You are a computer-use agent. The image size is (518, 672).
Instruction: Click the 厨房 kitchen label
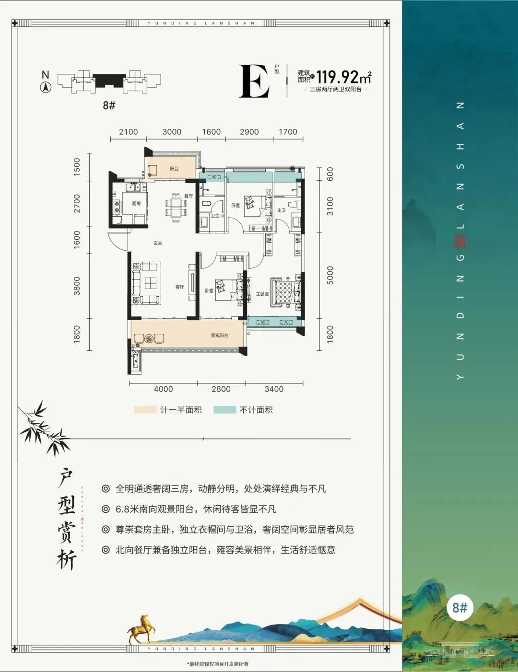tap(136, 203)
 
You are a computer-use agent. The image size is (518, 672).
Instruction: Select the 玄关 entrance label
tap(158, 243)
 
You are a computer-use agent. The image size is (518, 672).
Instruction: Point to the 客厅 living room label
tap(180, 287)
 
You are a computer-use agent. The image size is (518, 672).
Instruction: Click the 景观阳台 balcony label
tap(219, 336)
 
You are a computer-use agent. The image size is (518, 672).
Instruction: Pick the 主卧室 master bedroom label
tap(262, 293)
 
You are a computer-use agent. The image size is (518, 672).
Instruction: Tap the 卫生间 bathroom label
tap(217, 216)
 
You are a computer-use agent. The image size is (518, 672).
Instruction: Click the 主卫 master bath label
tap(281, 210)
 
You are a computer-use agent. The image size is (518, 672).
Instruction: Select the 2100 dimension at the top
tap(128, 132)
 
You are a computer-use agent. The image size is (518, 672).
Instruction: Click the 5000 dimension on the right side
tap(330, 275)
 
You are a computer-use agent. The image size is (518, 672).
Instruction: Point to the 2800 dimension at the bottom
tap(221, 389)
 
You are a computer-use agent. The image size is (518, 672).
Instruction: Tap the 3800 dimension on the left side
tap(77, 286)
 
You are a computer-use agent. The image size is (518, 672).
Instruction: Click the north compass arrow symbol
tap(46, 87)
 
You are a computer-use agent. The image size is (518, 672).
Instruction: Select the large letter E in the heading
tap(254, 81)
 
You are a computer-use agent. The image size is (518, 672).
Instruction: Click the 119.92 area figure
tap(338, 77)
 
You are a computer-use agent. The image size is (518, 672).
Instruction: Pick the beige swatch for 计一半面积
tap(145, 410)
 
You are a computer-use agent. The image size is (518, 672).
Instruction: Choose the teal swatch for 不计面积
tap(225, 410)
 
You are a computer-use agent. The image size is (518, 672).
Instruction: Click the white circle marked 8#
tap(459, 608)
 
